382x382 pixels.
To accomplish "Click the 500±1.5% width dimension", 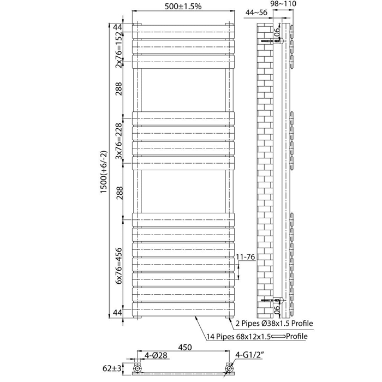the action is (183, 7).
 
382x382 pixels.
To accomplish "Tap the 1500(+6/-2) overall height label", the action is (104, 172).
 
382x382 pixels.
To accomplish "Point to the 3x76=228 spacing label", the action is (118, 141).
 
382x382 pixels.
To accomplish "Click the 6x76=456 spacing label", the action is (118, 266).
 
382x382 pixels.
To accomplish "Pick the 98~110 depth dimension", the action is (283, 4).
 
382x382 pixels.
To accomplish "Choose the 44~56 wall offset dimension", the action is (256, 13).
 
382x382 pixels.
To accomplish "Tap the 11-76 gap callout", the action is (246, 257).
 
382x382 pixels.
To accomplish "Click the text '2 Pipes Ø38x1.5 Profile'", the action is (274, 323).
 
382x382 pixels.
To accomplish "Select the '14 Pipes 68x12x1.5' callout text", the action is (239, 337).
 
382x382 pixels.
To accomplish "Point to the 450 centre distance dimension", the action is (185, 347).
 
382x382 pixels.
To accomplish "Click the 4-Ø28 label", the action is (156, 355).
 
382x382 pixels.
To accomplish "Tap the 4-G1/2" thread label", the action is (249, 355).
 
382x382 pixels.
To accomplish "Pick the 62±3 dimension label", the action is (112, 368).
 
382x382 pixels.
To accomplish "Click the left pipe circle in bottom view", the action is (137, 368).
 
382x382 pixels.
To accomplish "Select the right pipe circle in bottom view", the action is (229, 368).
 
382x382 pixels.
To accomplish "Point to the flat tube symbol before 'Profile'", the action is (278, 337).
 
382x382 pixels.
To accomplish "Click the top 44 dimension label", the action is (117, 27).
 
